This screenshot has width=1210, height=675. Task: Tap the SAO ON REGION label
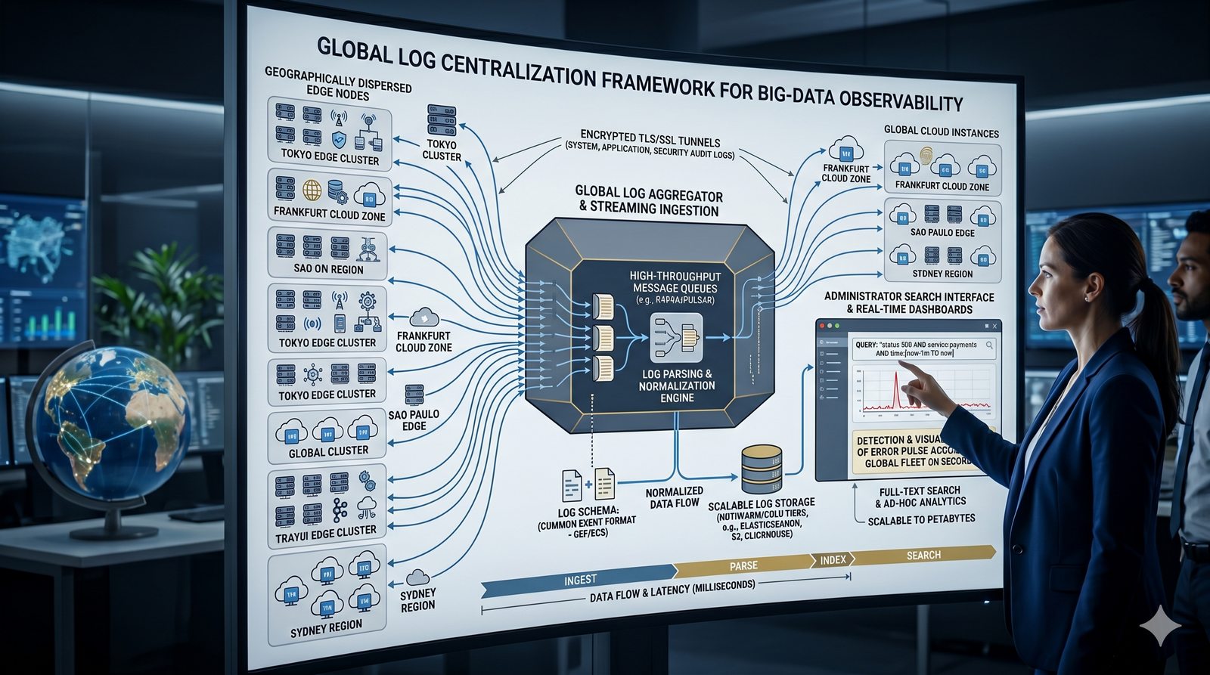pos(328,269)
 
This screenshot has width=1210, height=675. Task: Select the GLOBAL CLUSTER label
pos(328,451)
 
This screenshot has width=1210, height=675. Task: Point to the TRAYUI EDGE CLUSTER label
pos(326,532)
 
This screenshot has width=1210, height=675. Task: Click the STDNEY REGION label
pos(942,274)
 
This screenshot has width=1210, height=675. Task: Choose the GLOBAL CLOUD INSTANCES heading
pos(942,132)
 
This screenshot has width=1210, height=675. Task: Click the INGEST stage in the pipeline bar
pos(580,580)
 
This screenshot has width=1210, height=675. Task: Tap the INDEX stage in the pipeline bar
pos(833,560)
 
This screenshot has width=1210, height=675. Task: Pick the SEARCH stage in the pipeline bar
pos(923,556)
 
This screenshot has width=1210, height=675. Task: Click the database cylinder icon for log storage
pos(762,469)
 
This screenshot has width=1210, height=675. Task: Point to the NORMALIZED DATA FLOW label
pos(675,497)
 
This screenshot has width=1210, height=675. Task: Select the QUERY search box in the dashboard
pos(923,348)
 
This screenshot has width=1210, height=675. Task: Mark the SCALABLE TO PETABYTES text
pos(921,520)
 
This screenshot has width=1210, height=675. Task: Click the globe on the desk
pos(110,423)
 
